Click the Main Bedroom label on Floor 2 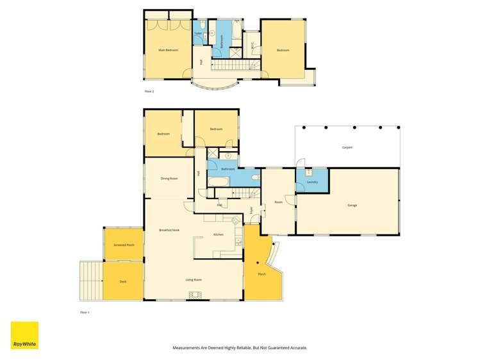[169, 50]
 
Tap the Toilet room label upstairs [199, 33]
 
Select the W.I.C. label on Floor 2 [252, 45]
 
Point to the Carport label [347, 147]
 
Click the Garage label [352, 205]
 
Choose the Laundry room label [313, 181]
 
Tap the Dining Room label [169, 178]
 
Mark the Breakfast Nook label [169, 230]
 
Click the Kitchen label [218, 235]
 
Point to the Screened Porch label [124, 245]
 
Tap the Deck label [123, 281]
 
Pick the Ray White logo [24, 335]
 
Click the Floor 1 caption [85, 312]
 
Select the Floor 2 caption [149, 92]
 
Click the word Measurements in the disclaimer [189, 348]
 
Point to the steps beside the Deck [91, 280]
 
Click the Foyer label [251, 209]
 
